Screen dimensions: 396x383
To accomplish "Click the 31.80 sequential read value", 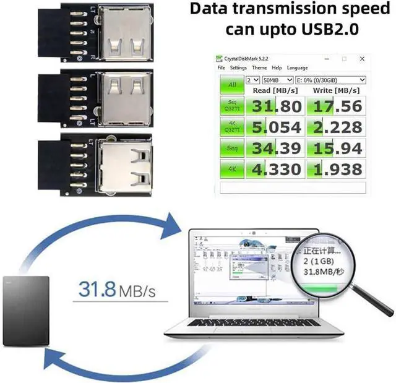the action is (x=274, y=106).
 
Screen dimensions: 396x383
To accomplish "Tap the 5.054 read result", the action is (x=274, y=127).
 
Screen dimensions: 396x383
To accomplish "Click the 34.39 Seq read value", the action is (x=274, y=148).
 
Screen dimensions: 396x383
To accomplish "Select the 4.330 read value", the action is (x=274, y=169).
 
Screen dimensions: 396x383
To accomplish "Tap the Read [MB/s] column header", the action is (x=275, y=91).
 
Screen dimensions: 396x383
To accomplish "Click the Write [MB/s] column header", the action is (x=337, y=91).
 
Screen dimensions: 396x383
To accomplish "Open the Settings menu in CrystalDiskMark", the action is (x=238, y=67).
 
